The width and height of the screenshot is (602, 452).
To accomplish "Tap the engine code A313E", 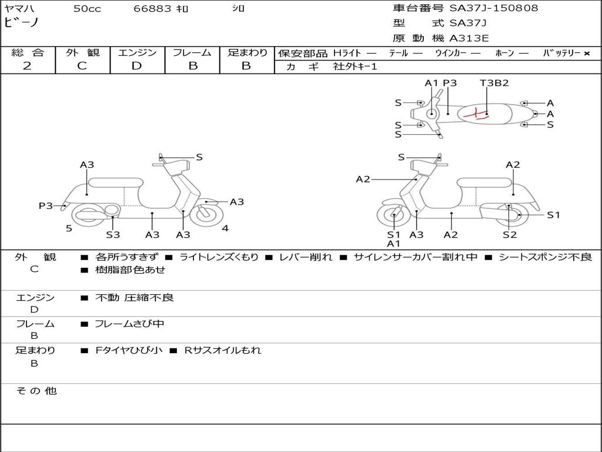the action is coord(469,39).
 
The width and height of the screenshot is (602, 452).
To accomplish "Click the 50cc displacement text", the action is coord(87,9).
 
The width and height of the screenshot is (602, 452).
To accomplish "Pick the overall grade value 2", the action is coord(27,66).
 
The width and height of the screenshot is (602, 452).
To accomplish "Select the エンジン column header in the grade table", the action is coord(137,52).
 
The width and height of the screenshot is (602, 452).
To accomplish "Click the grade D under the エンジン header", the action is coord(137,66).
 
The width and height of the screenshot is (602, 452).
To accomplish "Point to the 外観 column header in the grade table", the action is coord(82,52).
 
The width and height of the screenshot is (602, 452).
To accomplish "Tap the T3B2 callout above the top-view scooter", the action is coord(494,83).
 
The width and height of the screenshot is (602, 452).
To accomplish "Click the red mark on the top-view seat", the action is coord(476,114).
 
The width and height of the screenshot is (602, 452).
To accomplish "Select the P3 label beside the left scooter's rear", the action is coord(46,205).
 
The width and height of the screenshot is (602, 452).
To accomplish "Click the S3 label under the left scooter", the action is coord(113,235).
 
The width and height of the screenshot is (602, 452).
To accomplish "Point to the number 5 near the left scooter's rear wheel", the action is coord(69,228).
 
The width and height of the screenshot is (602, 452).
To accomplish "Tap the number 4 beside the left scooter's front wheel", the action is coord(225,228).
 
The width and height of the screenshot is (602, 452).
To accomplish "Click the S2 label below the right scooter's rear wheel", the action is coord(509,235).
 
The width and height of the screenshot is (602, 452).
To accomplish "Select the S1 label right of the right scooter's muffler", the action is coord(553,215).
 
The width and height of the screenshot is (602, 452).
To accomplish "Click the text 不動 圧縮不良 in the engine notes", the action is coord(135,298).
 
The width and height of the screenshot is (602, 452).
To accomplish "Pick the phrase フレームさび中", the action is coord(129,324).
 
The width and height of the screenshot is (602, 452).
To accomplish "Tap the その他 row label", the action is coord(36,391).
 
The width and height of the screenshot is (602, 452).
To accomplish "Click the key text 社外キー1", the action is coord(355,67).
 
